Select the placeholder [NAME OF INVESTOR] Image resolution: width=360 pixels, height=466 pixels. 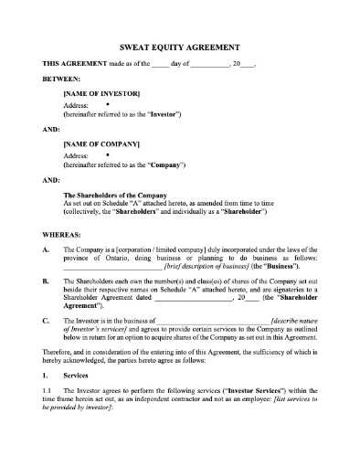pos(101,93)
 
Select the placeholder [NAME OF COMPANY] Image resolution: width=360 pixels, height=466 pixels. pos(101,143)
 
